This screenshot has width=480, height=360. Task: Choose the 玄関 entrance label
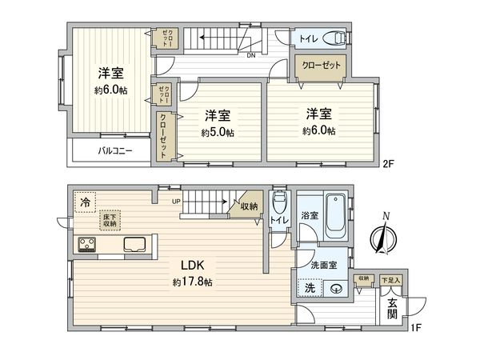(x=392, y=309)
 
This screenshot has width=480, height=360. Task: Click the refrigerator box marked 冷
(x=84, y=203)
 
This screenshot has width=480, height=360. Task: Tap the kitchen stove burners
(x=86, y=243)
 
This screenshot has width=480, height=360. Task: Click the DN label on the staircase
(x=251, y=55)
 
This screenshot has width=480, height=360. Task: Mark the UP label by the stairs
(x=175, y=201)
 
